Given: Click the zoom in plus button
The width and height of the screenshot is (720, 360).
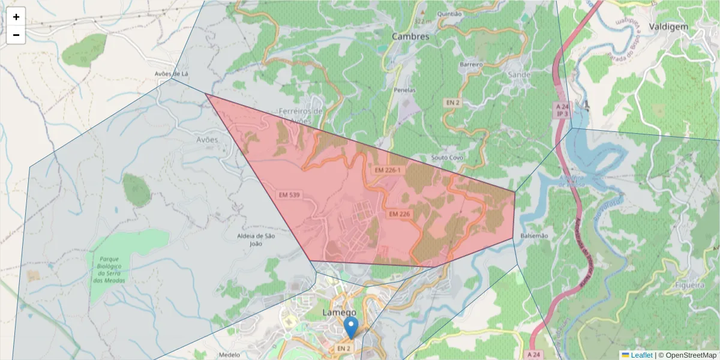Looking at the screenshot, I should [x=16, y=17].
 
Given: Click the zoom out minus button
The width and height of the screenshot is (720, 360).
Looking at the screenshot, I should [x=16, y=35].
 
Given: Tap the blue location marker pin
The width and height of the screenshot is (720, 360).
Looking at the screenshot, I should [x=351, y=328].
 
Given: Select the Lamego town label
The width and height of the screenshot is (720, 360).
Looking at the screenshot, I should [x=340, y=313].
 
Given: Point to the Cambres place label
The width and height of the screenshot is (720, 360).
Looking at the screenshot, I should [x=410, y=37].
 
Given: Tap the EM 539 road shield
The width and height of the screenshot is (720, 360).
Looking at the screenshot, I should [x=289, y=195].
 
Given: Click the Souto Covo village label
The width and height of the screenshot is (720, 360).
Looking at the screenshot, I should [x=447, y=158].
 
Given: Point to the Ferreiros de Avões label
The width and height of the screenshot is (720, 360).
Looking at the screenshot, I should [x=301, y=115].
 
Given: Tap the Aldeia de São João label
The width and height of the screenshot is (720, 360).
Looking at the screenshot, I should [x=256, y=239].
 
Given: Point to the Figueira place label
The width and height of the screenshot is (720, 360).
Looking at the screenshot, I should [x=689, y=286].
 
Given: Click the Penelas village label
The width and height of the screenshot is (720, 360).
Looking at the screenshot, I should [x=405, y=90].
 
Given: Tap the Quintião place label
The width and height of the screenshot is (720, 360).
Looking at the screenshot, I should [x=450, y=14].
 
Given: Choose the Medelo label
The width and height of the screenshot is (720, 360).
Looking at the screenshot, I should [x=229, y=355].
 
